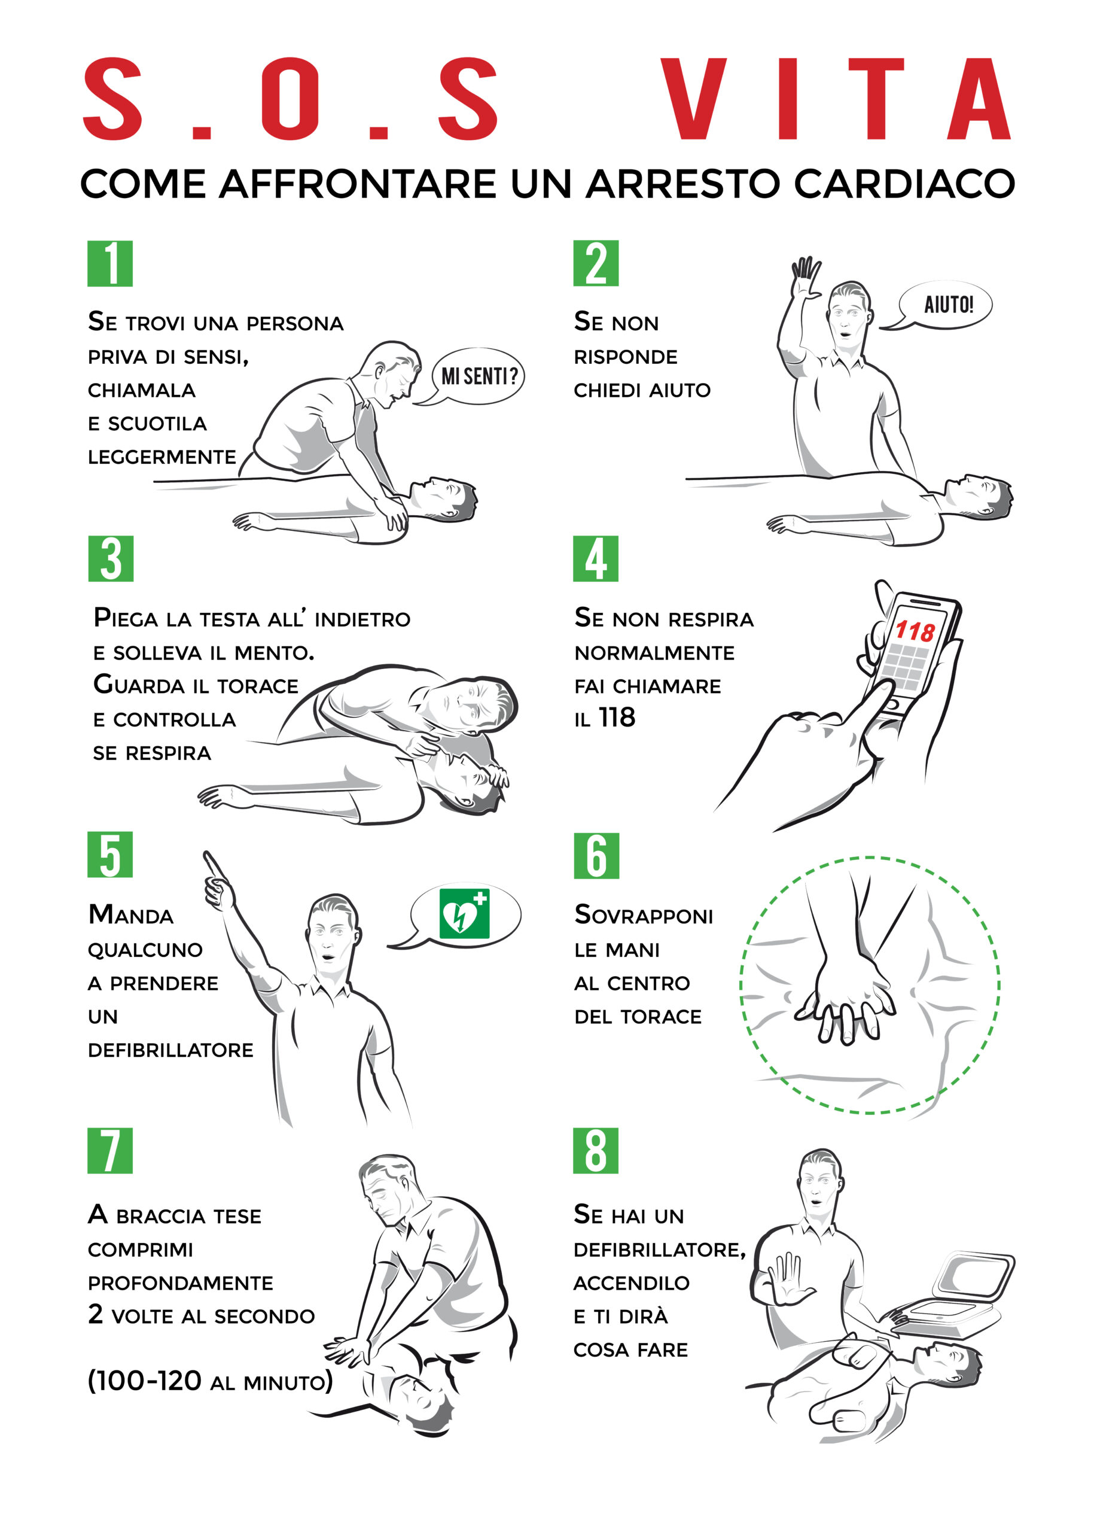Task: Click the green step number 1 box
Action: tap(110, 263)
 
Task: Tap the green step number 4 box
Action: tap(596, 559)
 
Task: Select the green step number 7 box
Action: tap(110, 1151)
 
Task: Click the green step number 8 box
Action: tap(596, 1151)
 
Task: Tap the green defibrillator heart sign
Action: tap(464, 914)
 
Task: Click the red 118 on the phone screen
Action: tap(915, 631)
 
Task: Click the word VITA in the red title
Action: tap(836, 99)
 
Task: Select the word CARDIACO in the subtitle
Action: tap(904, 183)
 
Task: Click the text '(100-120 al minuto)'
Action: tap(210, 1381)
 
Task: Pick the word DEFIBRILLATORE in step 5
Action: tap(170, 1050)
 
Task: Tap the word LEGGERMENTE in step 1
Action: tap(161, 457)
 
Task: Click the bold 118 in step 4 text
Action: tap(617, 718)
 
